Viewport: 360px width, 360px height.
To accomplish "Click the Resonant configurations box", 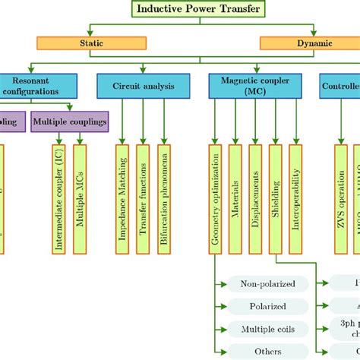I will click(35, 85).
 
